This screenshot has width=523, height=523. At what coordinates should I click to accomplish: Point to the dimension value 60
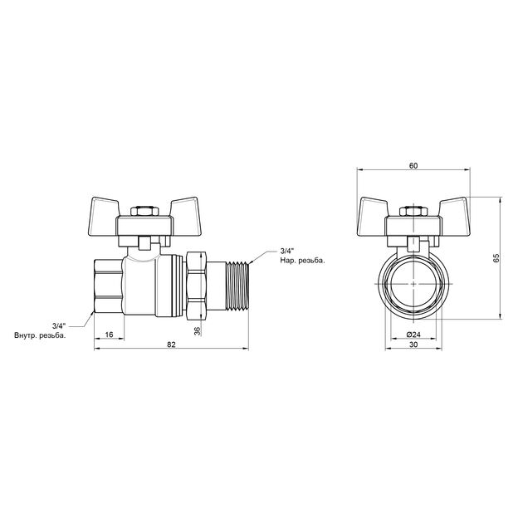[413, 165]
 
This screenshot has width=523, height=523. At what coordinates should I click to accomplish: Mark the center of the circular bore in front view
[413, 283]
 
